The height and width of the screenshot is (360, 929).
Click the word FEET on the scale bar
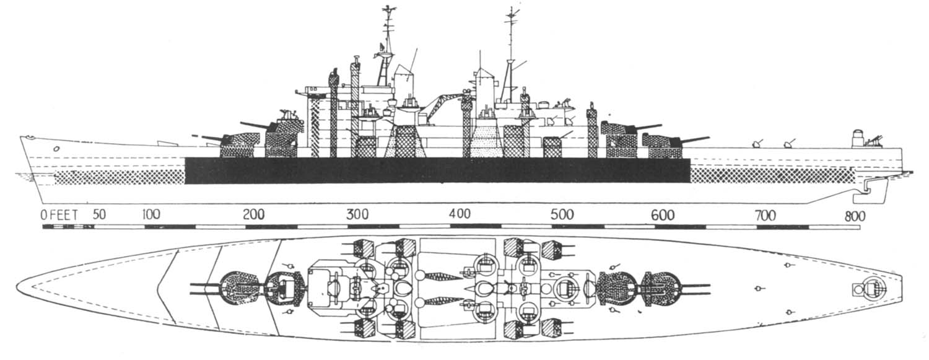pos(64,216)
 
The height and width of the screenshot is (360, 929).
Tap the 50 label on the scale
pos(98,215)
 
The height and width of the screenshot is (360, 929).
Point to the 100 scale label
pos(150,215)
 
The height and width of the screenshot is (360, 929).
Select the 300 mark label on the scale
pos(357,215)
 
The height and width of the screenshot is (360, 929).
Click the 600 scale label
pos(663,215)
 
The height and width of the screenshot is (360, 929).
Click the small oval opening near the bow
pos(56,149)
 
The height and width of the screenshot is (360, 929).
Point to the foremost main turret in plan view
pos(237,288)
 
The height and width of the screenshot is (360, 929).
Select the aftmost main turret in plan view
pos(661,289)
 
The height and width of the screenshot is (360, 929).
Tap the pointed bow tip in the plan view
pos(18,288)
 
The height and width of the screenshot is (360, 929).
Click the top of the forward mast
pos(388,9)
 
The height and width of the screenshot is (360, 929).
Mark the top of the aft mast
pos(512,10)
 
